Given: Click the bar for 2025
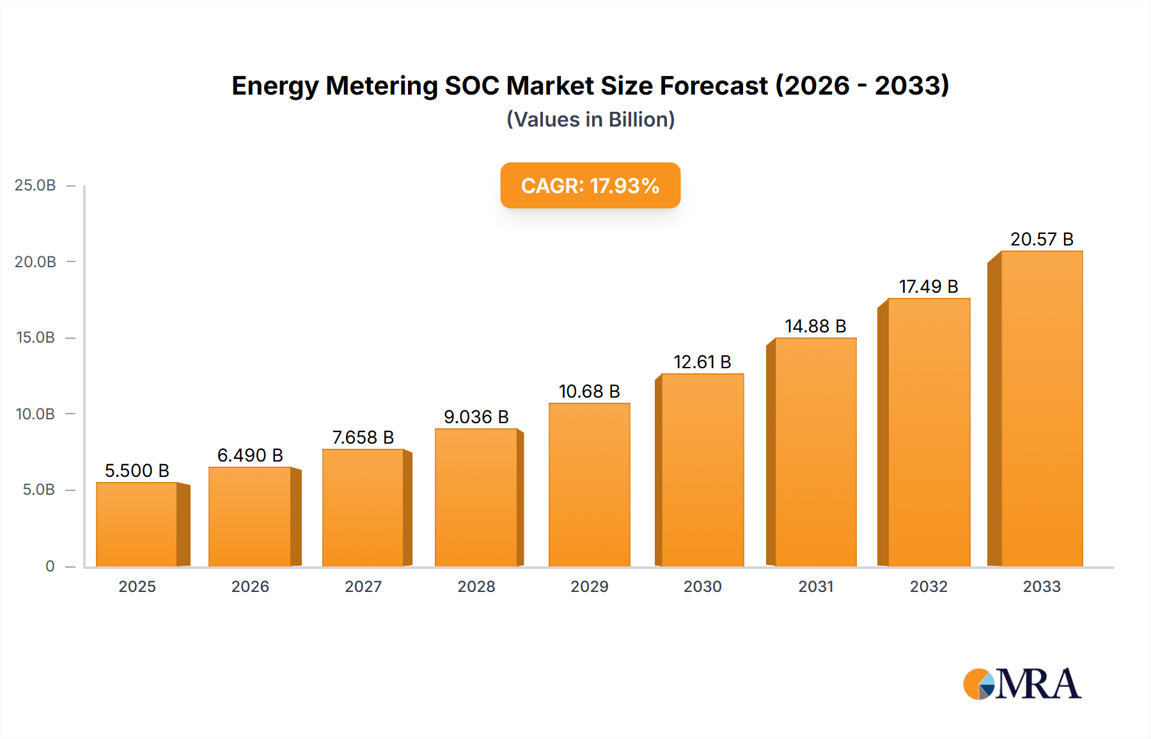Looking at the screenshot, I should pyautogui.click(x=137, y=524).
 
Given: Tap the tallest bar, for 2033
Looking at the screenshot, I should pyautogui.click(x=1041, y=409).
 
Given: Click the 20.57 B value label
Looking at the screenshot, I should pyautogui.click(x=1041, y=239).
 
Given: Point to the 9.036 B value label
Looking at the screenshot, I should pyautogui.click(x=476, y=417).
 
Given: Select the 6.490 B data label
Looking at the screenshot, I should pyautogui.click(x=250, y=455).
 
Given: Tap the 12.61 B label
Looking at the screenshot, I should pyautogui.click(x=702, y=362).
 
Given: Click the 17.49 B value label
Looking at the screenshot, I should pyautogui.click(x=928, y=286).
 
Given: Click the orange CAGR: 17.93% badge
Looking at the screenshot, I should pyautogui.click(x=590, y=185).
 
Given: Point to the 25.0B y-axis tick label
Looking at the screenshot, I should pyautogui.click(x=35, y=185).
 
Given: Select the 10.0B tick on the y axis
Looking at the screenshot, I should pyautogui.click(x=35, y=414).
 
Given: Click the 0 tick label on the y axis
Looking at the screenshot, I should pyautogui.click(x=50, y=566).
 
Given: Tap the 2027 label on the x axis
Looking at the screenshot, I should pyautogui.click(x=363, y=586).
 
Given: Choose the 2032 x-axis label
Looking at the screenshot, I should pyautogui.click(x=928, y=586).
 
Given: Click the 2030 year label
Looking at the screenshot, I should pyautogui.click(x=702, y=586).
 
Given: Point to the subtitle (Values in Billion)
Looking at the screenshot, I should pyautogui.click(x=590, y=120).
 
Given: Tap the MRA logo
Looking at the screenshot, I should pyautogui.click(x=1021, y=684).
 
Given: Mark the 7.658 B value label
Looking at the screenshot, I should pyautogui.click(x=363, y=437).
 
